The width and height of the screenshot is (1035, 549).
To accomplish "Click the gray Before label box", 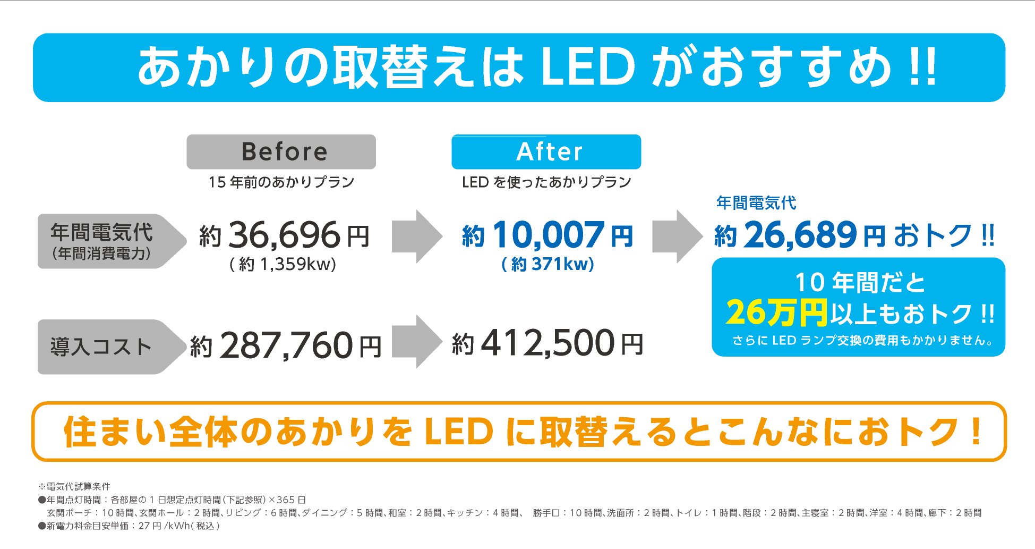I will tap(281, 152).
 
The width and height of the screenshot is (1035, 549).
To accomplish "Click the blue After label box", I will tap(546, 152).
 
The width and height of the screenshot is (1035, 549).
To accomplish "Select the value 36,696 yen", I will tap(285, 235).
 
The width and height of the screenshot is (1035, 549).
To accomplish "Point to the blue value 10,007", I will tap(549, 235).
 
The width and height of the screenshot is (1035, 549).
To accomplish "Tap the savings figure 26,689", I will tap(800, 235).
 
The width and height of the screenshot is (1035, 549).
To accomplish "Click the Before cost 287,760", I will tap(286, 345).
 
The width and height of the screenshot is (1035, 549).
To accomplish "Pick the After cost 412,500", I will tap(548, 344).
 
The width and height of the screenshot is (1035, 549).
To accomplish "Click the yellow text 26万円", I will tap(776, 312).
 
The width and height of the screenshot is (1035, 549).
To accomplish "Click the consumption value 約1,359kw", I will tap(283, 264).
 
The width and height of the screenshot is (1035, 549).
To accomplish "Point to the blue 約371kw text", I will tap(548, 264).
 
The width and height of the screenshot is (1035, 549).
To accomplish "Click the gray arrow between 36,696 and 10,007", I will tap(417, 237).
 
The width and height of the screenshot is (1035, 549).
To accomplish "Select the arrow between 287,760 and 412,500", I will tap(417, 342).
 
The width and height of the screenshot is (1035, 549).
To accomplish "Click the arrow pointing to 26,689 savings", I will tap(677, 237).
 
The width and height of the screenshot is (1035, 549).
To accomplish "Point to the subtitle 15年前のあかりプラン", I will tap(281, 182).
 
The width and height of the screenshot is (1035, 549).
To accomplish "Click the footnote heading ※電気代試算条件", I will tap(74, 486).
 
